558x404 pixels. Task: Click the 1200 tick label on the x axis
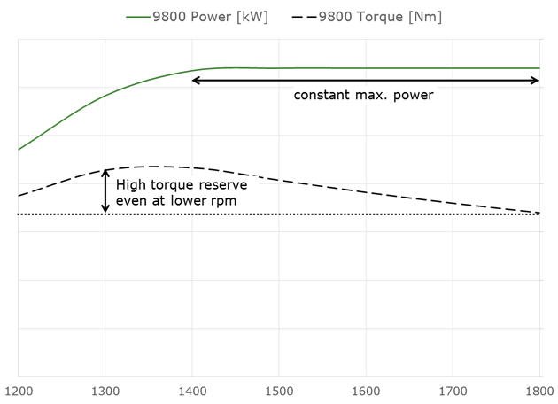18,389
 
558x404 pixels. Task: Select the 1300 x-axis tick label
105,389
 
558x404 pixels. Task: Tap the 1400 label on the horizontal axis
191,389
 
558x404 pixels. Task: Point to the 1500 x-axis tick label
278,389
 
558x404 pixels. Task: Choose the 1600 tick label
365,389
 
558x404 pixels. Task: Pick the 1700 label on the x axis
452,389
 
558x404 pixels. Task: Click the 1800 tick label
538,389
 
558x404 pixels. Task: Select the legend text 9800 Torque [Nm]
380,16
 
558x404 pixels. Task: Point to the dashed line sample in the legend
303,16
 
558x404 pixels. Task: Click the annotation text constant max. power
364,95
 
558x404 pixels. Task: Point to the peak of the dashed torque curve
156,166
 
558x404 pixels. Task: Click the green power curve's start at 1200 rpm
19,149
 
